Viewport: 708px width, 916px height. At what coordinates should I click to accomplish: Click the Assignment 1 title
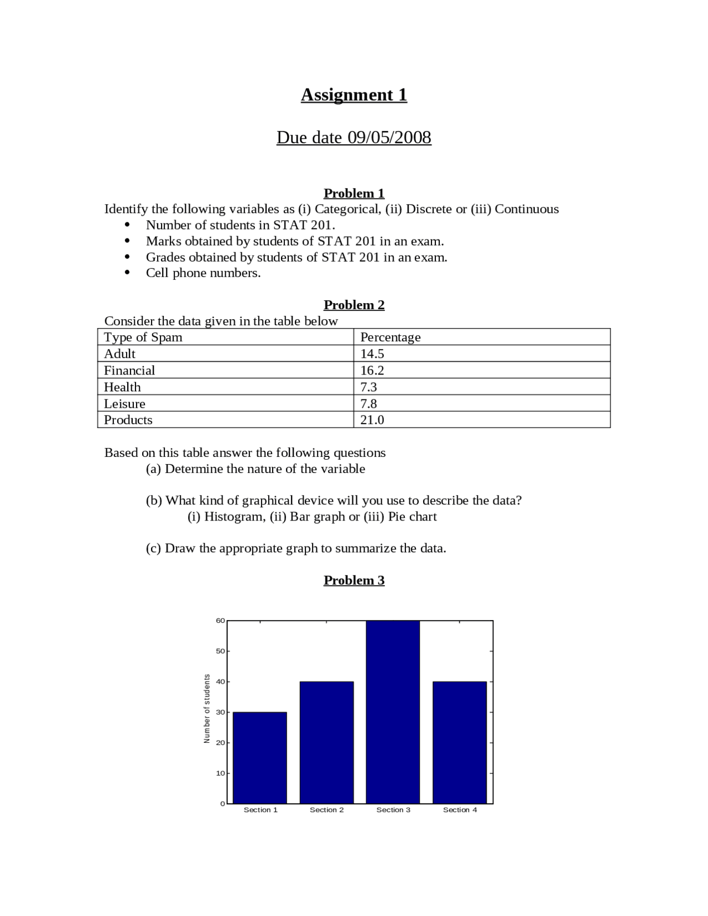[x=354, y=95]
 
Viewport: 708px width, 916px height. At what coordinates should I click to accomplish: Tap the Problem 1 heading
[x=354, y=193]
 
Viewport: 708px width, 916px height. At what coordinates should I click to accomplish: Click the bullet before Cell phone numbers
[x=127, y=273]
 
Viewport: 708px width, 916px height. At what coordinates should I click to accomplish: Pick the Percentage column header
[x=391, y=337]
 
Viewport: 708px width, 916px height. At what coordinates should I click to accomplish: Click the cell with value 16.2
[x=372, y=370]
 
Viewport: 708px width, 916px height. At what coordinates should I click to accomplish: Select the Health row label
[x=122, y=387]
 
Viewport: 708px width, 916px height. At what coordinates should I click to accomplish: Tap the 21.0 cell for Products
[x=372, y=420]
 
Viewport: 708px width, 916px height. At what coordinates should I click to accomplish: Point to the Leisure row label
[x=124, y=403]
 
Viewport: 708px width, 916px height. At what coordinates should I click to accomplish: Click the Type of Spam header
[x=143, y=337]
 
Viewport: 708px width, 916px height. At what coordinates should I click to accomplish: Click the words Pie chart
[x=412, y=517]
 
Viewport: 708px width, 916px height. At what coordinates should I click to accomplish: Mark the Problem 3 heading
[x=354, y=580]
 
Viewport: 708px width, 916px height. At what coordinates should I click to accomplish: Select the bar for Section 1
[x=260, y=758]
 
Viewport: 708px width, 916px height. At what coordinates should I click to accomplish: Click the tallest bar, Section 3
[x=393, y=714]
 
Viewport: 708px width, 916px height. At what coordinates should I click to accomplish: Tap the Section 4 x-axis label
[x=460, y=810]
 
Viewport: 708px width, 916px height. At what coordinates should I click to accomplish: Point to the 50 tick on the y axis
[x=221, y=651]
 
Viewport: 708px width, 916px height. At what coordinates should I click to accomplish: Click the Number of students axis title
[x=207, y=709]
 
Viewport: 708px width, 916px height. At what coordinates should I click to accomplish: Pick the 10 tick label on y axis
[x=221, y=773]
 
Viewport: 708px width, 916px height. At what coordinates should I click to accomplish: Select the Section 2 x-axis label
[x=326, y=810]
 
